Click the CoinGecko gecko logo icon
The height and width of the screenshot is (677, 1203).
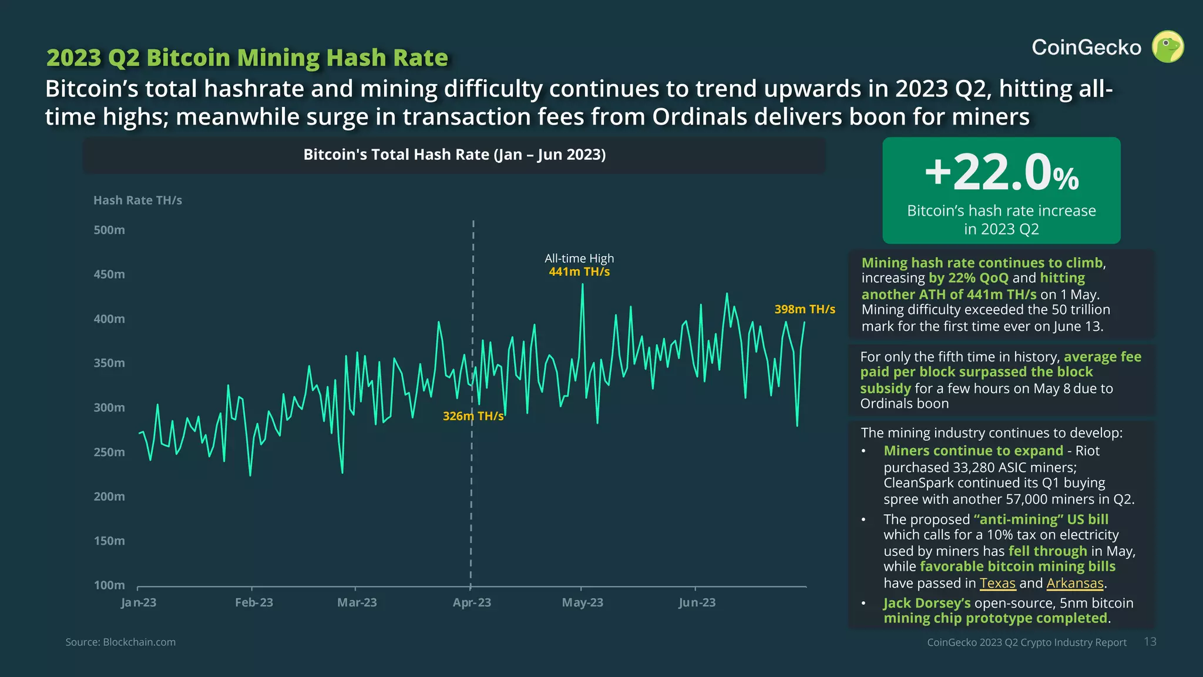pyautogui.click(x=1167, y=46)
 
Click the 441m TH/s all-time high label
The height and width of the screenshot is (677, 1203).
pyautogui.click(x=579, y=272)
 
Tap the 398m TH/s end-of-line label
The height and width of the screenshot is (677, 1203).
pyautogui.click(x=804, y=309)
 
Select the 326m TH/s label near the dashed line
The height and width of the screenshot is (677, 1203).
pyautogui.click(x=473, y=416)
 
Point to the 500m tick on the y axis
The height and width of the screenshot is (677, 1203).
pyautogui.click(x=109, y=230)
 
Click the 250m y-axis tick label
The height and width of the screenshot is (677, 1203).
pyautogui.click(x=109, y=452)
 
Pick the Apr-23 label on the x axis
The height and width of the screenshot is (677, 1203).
pyautogui.click(x=472, y=602)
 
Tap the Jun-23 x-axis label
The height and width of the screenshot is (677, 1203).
pyautogui.click(x=697, y=602)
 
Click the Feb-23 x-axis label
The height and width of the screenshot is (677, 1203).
pyautogui.click(x=254, y=602)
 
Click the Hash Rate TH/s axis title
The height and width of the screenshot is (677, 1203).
pyautogui.click(x=137, y=200)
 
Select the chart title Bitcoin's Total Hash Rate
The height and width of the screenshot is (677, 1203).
pyautogui.click(x=454, y=155)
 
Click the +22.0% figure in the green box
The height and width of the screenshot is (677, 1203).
pyautogui.click(x=1002, y=173)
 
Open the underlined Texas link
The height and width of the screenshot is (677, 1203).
pyautogui.click(x=997, y=583)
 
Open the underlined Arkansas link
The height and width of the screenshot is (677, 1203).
pyautogui.click(x=1074, y=583)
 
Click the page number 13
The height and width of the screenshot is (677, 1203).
pyautogui.click(x=1150, y=642)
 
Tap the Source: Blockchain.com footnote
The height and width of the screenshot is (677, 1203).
pyautogui.click(x=120, y=642)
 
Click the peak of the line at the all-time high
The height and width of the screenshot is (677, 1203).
pyautogui.click(x=582, y=285)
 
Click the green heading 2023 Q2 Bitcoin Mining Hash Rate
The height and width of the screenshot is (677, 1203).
pyautogui.click(x=247, y=58)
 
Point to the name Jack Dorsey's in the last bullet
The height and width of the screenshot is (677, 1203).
pyautogui.click(x=926, y=603)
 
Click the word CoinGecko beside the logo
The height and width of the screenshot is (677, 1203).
pyautogui.click(x=1086, y=48)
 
